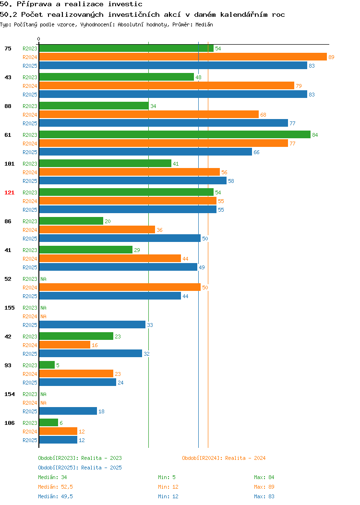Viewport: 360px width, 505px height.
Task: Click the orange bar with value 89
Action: pyautogui.click(x=183, y=57)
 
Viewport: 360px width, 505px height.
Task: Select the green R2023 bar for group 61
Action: pyautogui.click(x=175, y=134)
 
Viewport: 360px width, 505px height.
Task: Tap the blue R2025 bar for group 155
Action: pyautogui.click(x=93, y=325)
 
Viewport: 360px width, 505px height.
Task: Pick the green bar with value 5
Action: pyautogui.click(x=47, y=365)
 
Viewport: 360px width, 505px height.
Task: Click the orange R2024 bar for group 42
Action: pyautogui.click(x=65, y=345)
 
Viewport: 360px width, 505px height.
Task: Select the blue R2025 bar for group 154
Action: pyautogui.click(x=68, y=411)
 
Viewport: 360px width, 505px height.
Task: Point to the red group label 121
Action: pyautogui.click(x=9, y=192)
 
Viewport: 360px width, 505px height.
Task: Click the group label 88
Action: pyautogui.click(x=8, y=106)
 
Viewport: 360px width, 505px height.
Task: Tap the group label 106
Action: pyautogui.click(x=9, y=423)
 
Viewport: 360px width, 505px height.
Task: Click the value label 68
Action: pyautogui.click(x=263, y=115)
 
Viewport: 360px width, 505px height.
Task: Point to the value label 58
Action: pyautogui.click(x=231, y=181)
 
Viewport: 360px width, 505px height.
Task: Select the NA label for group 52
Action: pyautogui.click(x=44, y=279)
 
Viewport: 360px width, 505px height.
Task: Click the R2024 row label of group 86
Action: pyautogui.click(x=30, y=230)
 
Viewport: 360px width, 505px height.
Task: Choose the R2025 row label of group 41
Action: pyautogui.click(x=30, y=267)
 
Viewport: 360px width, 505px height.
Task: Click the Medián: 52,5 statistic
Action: pyautogui.click(x=55, y=487)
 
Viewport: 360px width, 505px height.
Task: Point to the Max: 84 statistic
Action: pyautogui.click(x=264, y=477)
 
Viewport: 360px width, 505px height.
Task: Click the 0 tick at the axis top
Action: pyautogui.click(x=39, y=39)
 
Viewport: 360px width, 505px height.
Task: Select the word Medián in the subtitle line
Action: pyautogui.click(x=204, y=24)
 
